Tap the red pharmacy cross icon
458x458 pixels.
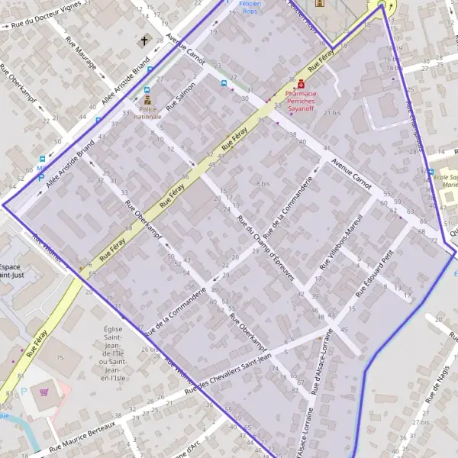pyautogui.click(x=302, y=83)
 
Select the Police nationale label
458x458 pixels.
pyautogui.click(x=147, y=113)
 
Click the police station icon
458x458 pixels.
pyautogui.click(x=147, y=100)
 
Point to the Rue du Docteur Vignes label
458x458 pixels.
pyautogui.click(x=45, y=24)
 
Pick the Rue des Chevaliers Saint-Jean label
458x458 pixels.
pyautogui.click(x=234, y=372)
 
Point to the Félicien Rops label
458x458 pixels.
pyautogui.click(x=250, y=8)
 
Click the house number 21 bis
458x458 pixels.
pyautogui.click(x=332, y=113)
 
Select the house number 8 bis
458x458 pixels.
pyautogui.click(x=263, y=183)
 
